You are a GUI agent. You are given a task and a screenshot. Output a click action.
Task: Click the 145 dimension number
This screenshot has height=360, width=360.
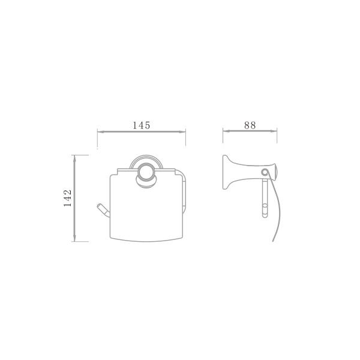[142, 125]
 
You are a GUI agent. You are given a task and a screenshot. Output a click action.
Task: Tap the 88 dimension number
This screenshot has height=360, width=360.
[250, 125]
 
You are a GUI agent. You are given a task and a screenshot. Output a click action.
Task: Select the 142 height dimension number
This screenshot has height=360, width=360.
[68, 198]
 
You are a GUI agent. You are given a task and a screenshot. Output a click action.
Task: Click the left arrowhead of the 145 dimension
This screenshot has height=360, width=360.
[101, 132]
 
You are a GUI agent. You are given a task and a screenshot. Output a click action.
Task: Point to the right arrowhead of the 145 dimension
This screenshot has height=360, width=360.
[182, 132]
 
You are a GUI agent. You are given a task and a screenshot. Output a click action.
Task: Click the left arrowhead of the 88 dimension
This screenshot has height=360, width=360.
[226, 131]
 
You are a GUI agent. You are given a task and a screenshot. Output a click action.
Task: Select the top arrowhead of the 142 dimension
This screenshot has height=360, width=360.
[74, 158]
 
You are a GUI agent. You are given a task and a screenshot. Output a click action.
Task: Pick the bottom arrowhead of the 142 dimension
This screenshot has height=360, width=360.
[74, 238]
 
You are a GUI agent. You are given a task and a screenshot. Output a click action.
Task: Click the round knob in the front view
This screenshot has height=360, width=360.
[146, 171]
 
